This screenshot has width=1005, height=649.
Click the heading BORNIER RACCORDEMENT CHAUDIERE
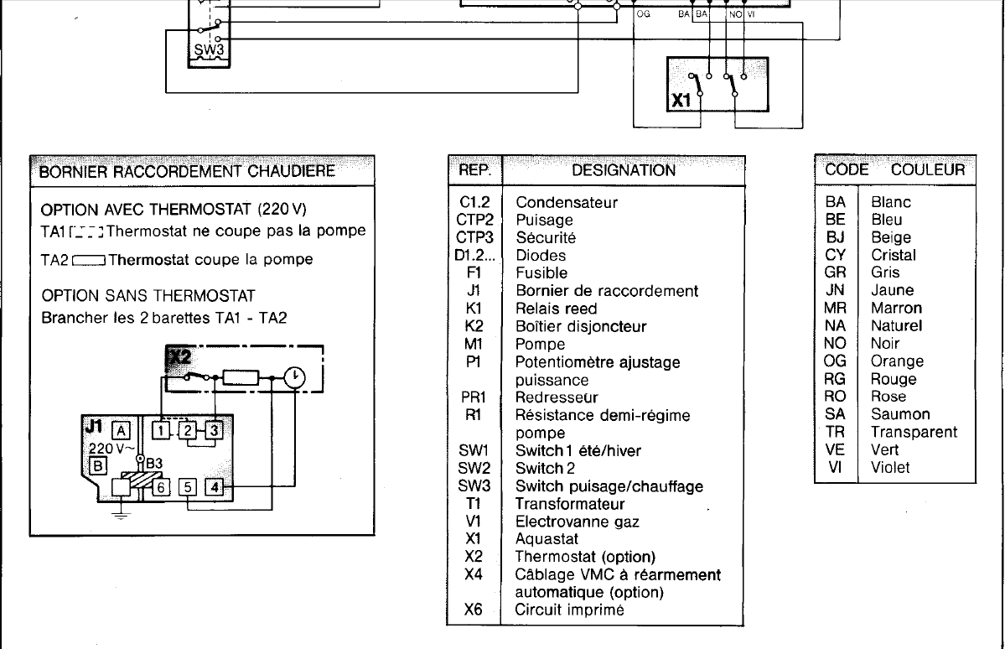[x=184, y=172]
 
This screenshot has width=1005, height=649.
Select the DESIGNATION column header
[x=623, y=170]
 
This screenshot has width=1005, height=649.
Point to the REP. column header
[x=474, y=170]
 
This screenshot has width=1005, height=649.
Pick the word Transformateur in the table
[x=570, y=504]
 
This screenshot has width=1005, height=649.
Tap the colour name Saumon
[x=900, y=414]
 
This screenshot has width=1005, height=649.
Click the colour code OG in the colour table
[x=835, y=361]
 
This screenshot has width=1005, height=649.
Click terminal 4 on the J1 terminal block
[x=215, y=485]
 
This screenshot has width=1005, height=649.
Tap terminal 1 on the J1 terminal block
[x=160, y=430]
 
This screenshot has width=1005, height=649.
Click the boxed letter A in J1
[x=122, y=430]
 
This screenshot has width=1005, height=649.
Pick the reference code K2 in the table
[x=474, y=326]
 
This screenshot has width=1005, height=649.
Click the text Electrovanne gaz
[x=577, y=522]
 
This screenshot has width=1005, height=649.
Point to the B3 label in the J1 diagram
[x=155, y=462]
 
